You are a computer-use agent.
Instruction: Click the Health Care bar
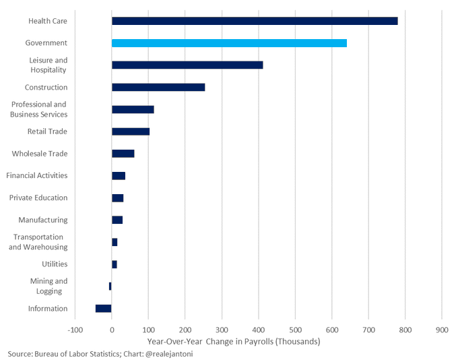255,21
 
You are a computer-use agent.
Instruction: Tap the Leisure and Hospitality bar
187,65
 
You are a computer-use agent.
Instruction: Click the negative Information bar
104,308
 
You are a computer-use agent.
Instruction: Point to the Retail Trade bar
131,131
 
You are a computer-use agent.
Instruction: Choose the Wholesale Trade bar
123,154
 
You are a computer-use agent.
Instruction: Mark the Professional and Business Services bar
133,109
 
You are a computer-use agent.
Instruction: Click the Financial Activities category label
37,175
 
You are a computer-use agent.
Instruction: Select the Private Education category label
38,198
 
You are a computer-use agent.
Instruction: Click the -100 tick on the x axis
75,330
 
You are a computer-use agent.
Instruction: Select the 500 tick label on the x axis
295,330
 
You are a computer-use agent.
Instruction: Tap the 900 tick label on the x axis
442,330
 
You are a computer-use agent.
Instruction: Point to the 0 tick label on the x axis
112,330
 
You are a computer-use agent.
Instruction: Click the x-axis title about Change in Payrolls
234,342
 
